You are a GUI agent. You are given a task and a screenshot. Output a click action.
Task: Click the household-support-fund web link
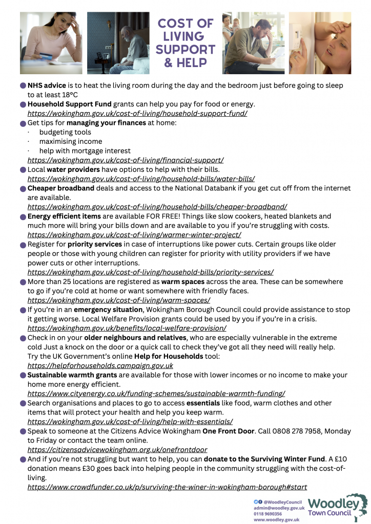(x=137, y=113)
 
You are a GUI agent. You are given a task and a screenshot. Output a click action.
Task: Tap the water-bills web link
(x=141, y=179)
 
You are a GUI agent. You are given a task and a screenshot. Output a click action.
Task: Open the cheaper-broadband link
(x=157, y=207)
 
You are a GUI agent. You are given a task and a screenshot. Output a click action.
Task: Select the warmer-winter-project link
(x=134, y=235)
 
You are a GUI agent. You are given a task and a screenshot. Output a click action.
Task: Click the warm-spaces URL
(x=118, y=300)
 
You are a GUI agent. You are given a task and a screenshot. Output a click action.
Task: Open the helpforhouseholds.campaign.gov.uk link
(x=100, y=365)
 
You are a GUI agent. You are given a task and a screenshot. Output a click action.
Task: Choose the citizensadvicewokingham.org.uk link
(x=117, y=450)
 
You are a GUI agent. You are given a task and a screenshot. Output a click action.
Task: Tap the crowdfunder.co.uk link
(x=167, y=487)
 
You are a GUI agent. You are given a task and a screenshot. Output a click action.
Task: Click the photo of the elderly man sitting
(x=118, y=43)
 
